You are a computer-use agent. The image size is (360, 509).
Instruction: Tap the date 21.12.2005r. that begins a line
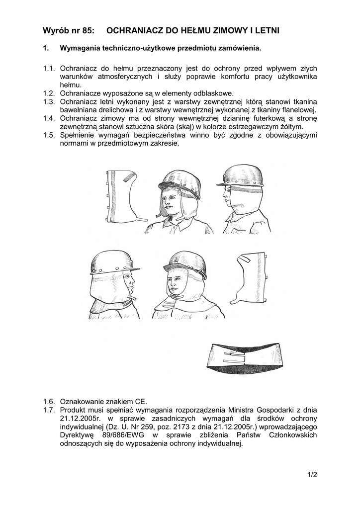[80, 419]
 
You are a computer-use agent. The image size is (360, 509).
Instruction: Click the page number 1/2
[312, 475]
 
